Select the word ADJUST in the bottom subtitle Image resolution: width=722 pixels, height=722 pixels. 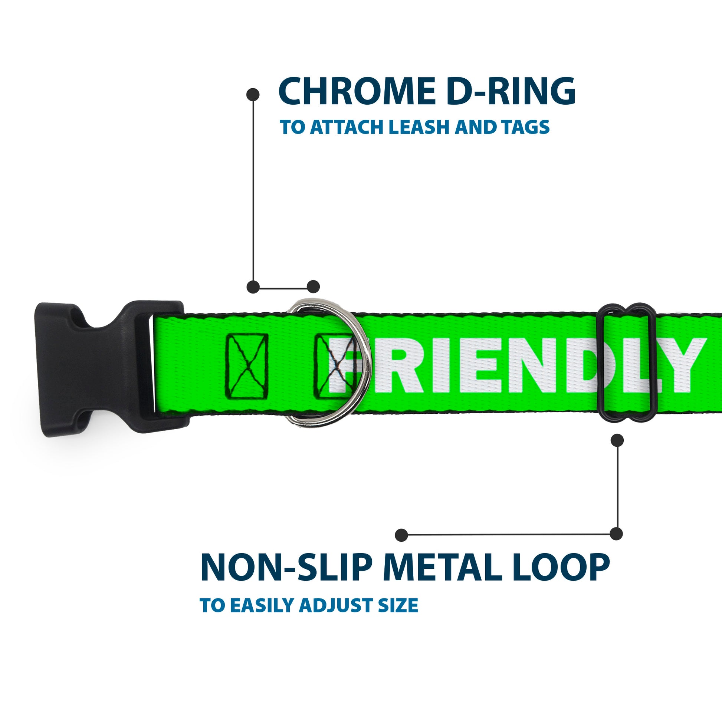337,606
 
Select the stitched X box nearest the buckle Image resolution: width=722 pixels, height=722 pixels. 247,366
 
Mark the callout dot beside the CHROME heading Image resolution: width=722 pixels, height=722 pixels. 253,95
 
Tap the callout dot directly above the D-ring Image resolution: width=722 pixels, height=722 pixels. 313,287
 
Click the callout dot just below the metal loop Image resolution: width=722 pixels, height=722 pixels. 617,440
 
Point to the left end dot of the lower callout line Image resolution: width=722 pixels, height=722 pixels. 401,535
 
